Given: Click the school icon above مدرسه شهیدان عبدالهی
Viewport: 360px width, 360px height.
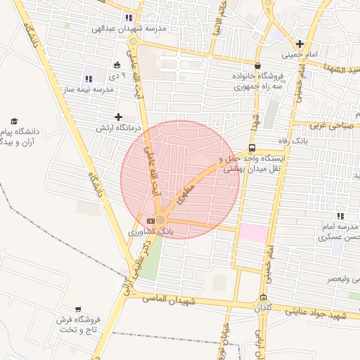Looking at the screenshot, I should (128, 18).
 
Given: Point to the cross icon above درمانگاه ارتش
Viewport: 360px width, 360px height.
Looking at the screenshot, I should (118, 117).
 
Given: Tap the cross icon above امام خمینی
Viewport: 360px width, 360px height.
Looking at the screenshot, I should (300, 44).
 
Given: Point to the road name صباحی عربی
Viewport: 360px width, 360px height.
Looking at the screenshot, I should (336, 124).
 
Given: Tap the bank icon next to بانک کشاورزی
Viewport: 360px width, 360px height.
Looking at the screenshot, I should (150, 221).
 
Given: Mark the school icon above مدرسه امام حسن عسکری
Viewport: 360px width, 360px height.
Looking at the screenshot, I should (341, 216).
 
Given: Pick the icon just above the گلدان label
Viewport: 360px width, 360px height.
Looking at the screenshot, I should (263, 297).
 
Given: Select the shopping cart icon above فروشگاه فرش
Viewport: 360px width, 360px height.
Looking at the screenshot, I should (77, 309).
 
